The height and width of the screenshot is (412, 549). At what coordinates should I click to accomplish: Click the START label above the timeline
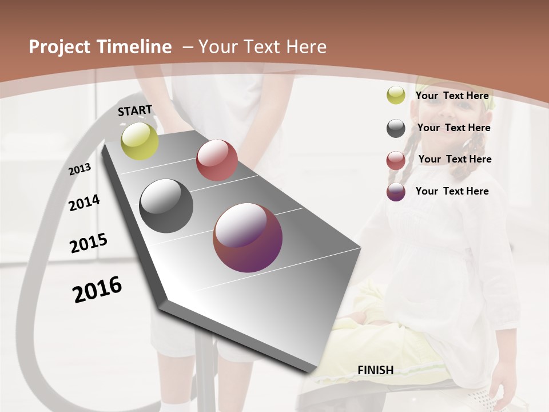135,110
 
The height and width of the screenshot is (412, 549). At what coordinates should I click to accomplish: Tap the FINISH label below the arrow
375,370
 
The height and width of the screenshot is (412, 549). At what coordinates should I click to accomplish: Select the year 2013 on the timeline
79,169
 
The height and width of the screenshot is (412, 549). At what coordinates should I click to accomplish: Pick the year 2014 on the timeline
84,203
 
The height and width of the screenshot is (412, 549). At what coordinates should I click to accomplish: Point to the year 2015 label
89,243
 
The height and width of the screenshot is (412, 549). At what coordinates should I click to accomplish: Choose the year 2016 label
97,289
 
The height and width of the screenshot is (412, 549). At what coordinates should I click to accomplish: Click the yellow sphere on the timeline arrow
140,141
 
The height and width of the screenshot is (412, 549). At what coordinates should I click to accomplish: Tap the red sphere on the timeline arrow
217,160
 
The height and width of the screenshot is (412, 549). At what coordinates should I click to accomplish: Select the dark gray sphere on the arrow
166,206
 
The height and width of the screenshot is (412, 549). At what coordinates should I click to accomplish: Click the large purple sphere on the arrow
248,237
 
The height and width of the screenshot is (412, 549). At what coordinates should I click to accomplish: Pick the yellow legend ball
396,96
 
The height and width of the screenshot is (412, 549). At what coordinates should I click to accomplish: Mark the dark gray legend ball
396,128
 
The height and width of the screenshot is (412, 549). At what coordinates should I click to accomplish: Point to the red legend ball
396,160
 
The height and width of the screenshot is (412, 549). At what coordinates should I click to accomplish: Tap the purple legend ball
396,192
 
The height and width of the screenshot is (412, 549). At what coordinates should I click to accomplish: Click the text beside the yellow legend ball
452,96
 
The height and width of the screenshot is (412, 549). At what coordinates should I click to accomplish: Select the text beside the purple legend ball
452,191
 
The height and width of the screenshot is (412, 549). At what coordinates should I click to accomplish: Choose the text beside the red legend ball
455,159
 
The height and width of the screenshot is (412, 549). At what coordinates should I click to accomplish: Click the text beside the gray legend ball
453,128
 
